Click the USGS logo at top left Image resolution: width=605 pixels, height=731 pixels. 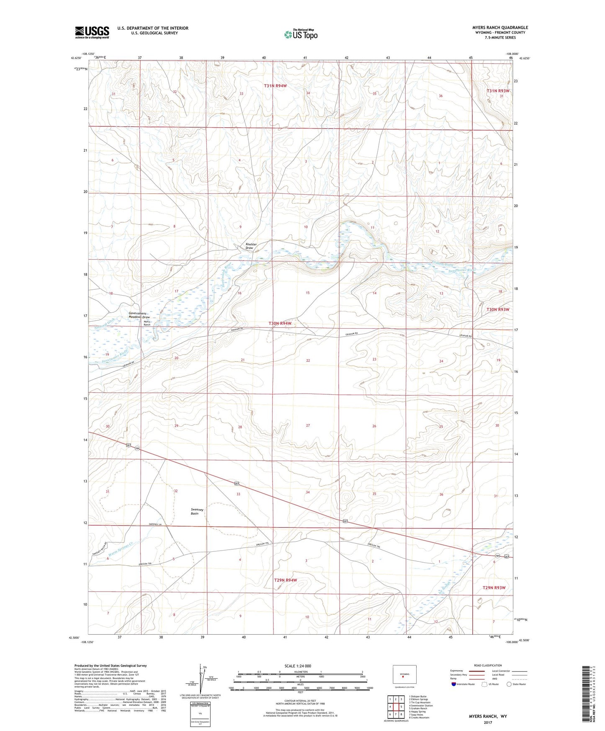[x=92, y=32]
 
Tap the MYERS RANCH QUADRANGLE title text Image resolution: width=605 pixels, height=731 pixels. [x=494, y=28]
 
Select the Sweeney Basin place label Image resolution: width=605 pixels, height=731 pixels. [x=197, y=511]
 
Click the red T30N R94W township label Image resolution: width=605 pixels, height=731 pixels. [x=280, y=323]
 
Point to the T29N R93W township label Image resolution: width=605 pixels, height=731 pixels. [x=494, y=588]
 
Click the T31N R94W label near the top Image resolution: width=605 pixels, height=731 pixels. [x=275, y=86]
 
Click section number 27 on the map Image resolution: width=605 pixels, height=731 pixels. [x=308, y=425]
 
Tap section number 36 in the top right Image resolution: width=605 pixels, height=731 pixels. [x=440, y=96]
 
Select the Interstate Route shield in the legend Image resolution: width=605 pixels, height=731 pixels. [x=454, y=684]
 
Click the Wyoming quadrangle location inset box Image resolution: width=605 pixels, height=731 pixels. [x=404, y=674]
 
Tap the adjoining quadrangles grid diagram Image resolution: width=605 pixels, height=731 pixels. [x=395, y=707]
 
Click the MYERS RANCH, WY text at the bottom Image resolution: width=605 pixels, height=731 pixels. [x=488, y=716]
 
